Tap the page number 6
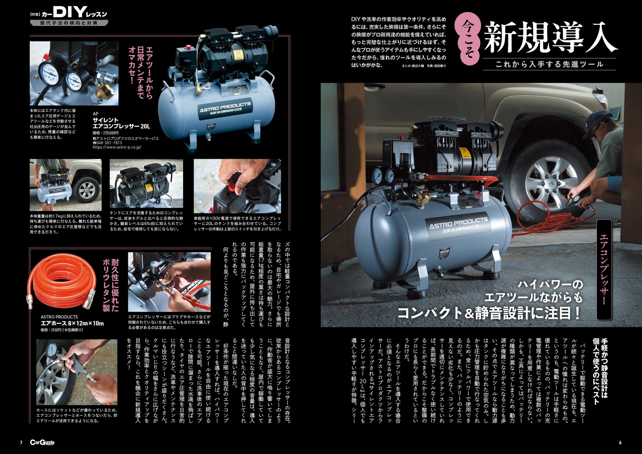pyautogui.click(x=620, y=443)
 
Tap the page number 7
pyautogui.click(x=21, y=443)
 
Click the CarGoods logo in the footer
pyautogui.click(x=42, y=443)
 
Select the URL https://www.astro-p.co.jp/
pyautogui.click(x=117, y=147)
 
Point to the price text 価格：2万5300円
pyautogui.click(x=105, y=133)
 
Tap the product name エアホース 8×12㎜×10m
pyautogui.click(x=72, y=324)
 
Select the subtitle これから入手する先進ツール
pyautogui.click(x=549, y=64)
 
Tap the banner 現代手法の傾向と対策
pyautogui.click(x=69, y=23)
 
